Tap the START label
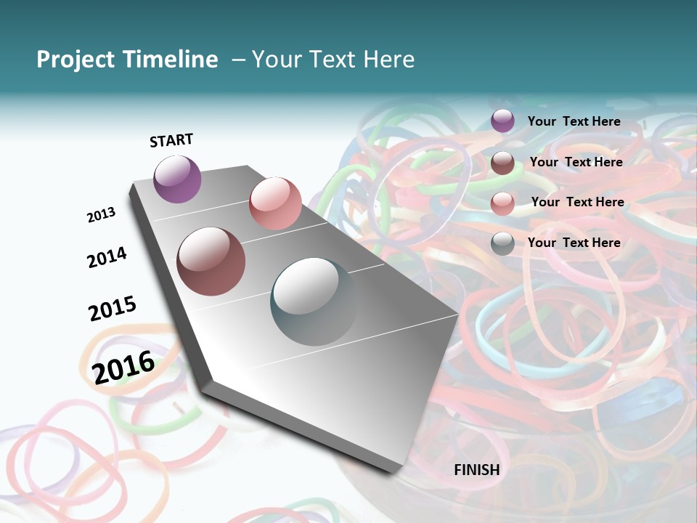click(171, 140)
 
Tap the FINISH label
click(477, 470)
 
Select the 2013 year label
click(101, 214)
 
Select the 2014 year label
click(107, 257)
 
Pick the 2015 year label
click(113, 308)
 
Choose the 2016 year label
click(123, 367)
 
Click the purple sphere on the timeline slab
click(177, 179)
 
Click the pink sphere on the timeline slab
click(275, 203)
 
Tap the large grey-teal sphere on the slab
click(314, 301)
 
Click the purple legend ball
click(502, 121)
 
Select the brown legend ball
click(502, 163)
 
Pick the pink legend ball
click(502, 203)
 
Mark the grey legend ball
click(502, 244)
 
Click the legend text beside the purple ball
click(574, 121)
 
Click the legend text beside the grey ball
click(574, 243)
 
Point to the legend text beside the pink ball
click(577, 202)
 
